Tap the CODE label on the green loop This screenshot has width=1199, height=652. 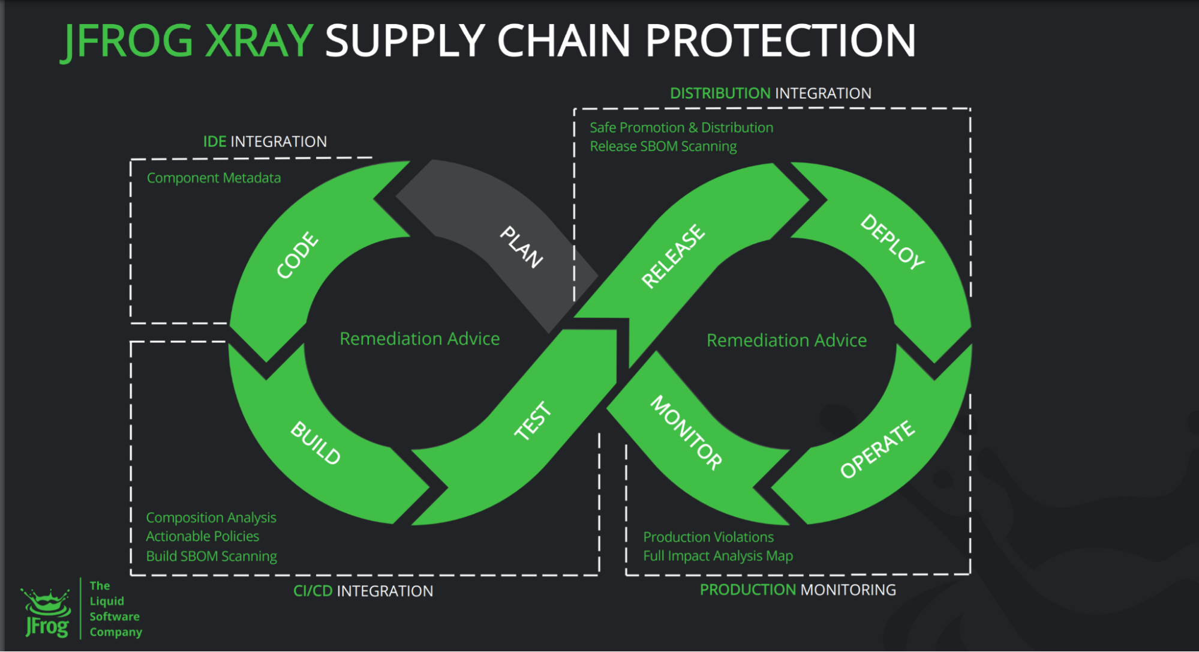point(298,255)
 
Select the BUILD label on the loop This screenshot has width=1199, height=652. point(315,443)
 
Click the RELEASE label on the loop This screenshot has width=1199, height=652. point(673,256)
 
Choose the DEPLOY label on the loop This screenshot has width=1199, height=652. point(892,241)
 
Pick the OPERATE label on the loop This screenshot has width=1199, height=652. point(877,449)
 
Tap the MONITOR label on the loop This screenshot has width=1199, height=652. point(687,432)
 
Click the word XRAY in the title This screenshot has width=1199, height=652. point(259,41)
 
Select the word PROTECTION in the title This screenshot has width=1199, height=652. point(780,41)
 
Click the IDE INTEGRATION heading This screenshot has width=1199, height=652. point(265,142)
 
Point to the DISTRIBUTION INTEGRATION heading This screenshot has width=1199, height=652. point(770,94)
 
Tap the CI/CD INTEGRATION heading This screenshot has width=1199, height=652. point(363,591)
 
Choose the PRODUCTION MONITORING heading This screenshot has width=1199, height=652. point(798,590)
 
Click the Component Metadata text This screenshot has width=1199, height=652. point(214,178)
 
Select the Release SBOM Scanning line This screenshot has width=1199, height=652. point(663,146)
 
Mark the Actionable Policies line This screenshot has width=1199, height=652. point(203,536)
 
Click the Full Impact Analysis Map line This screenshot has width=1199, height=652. point(718,556)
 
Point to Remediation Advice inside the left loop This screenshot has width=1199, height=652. point(419,339)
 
